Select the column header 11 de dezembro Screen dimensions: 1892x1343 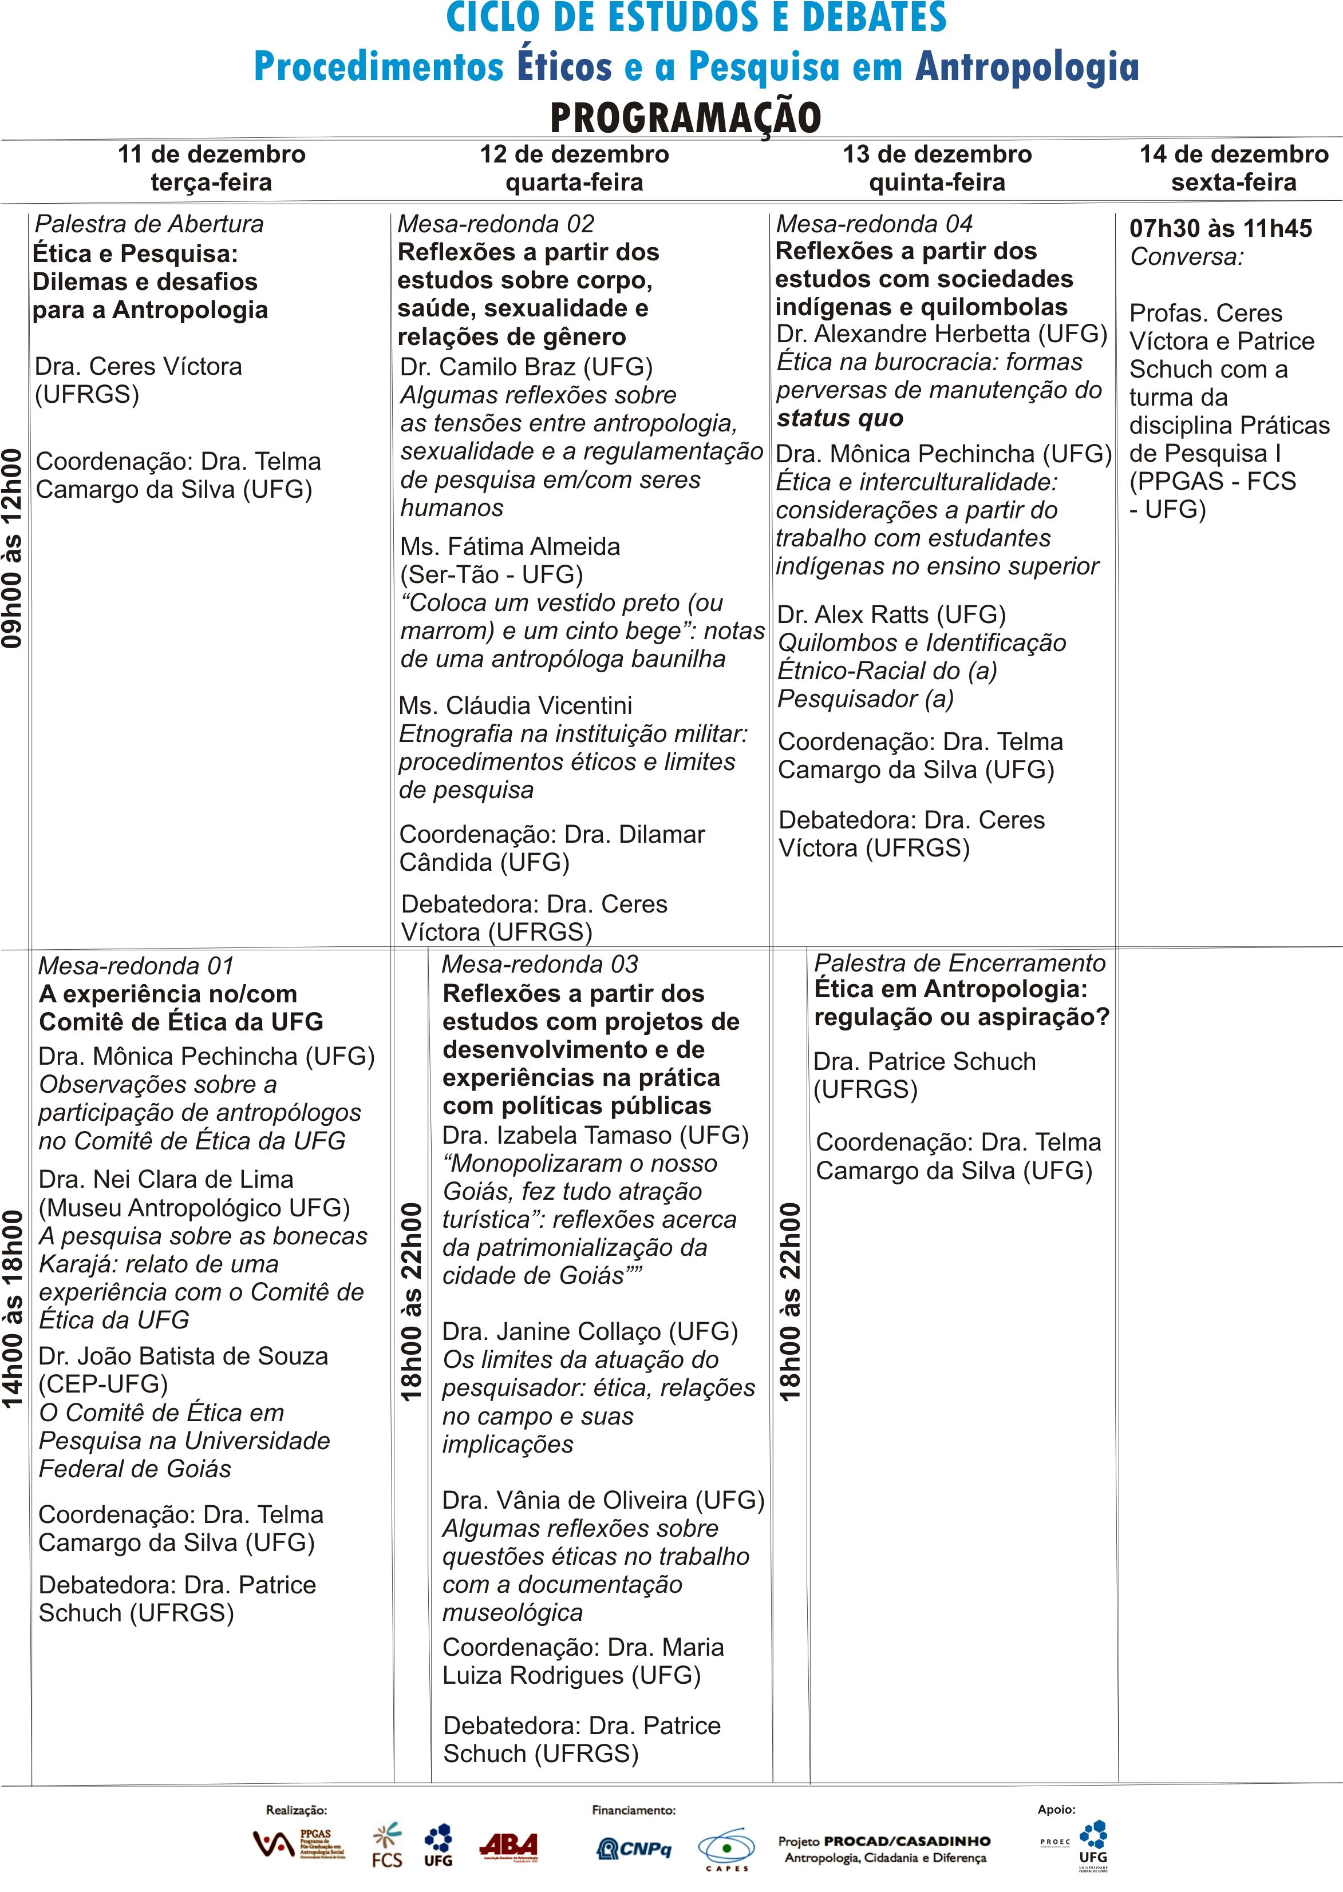pyautogui.click(x=212, y=154)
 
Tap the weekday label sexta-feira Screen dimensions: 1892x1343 pyautogui.click(x=1233, y=183)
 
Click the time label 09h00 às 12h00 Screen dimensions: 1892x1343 pyautogui.click(x=13, y=549)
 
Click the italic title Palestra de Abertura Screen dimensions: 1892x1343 pyautogui.click(x=149, y=224)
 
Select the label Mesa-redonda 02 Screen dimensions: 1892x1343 pyautogui.click(x=495, y=224)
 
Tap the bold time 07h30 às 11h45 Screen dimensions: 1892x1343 pyautogui.click(x=1220, y=228)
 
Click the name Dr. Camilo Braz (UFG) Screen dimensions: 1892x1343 pyautogui.click(x=526, y=366)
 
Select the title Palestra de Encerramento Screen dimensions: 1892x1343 pyautogui.click(x=959, y=963)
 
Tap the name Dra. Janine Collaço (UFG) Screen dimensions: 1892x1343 pyautogui.click(x=590, y=1331)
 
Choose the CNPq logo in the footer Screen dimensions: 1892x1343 pyautogui.click(x=634, y=1848)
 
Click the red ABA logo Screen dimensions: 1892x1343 pyautogui.click(x=508, y=1846)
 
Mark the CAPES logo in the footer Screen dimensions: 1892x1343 pyautogui.click(x=726, y=1849)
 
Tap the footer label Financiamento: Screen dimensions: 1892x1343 pyautogui.click(x=634, y=1810)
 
